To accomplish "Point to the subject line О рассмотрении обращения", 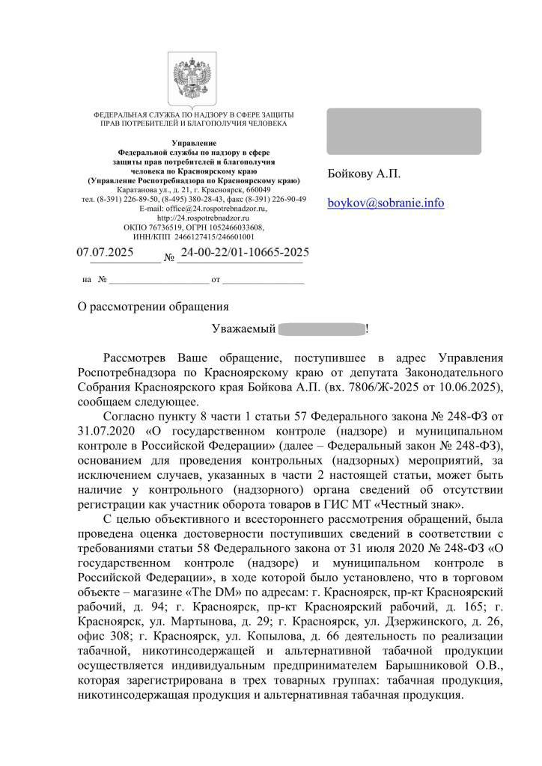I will tap(153, 307).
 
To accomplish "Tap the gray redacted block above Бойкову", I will tap(404, 131).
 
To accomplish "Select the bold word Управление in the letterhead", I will tap(194, 142).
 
